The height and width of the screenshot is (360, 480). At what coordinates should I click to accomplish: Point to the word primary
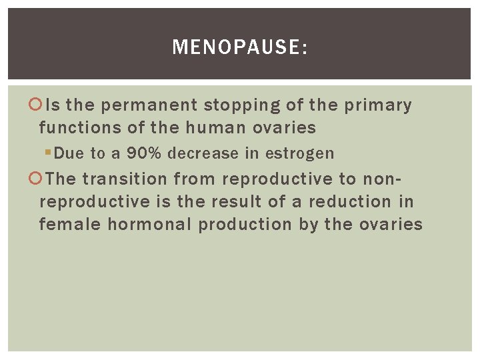pos(378,105)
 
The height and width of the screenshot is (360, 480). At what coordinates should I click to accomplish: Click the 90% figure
pos(145,153)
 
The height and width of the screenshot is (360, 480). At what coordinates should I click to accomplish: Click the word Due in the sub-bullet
pos(68,153)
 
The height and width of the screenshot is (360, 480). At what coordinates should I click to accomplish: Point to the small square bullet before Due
pos(47,153)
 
